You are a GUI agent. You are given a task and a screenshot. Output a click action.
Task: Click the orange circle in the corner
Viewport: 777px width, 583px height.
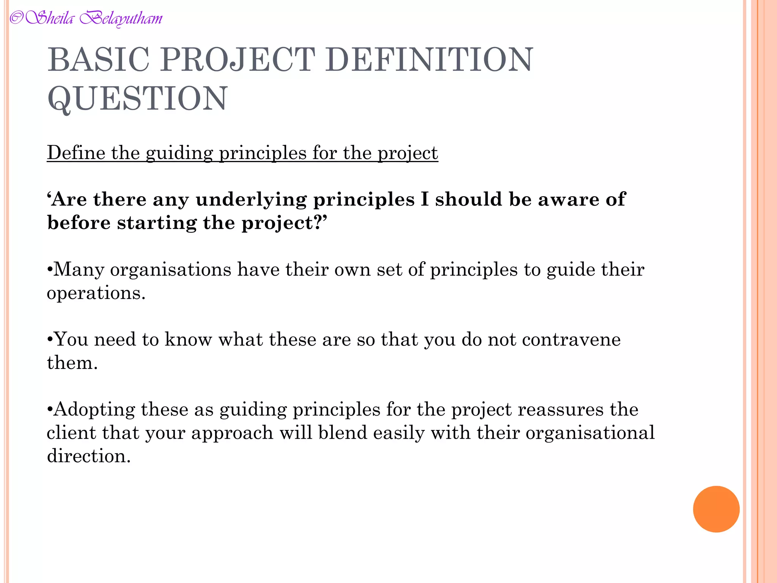(716, 509)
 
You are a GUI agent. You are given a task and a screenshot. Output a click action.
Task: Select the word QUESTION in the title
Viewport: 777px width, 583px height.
(137, 98)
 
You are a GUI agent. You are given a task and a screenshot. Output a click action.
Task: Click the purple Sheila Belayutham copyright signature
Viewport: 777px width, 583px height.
(86, 18)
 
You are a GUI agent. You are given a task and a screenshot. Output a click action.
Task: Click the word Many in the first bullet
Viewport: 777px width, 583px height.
(79, 269)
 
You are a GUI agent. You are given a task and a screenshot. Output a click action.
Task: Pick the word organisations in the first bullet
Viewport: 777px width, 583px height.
(170, 270)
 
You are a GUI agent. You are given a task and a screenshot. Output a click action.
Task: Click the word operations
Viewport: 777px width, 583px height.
(96, 293)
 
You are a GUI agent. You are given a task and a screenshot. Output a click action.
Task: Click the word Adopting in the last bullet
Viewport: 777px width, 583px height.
(94, 410)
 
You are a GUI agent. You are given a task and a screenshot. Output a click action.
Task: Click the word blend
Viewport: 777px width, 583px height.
(343, 433)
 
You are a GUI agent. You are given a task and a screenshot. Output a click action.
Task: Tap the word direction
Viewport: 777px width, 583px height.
(89, 456)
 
